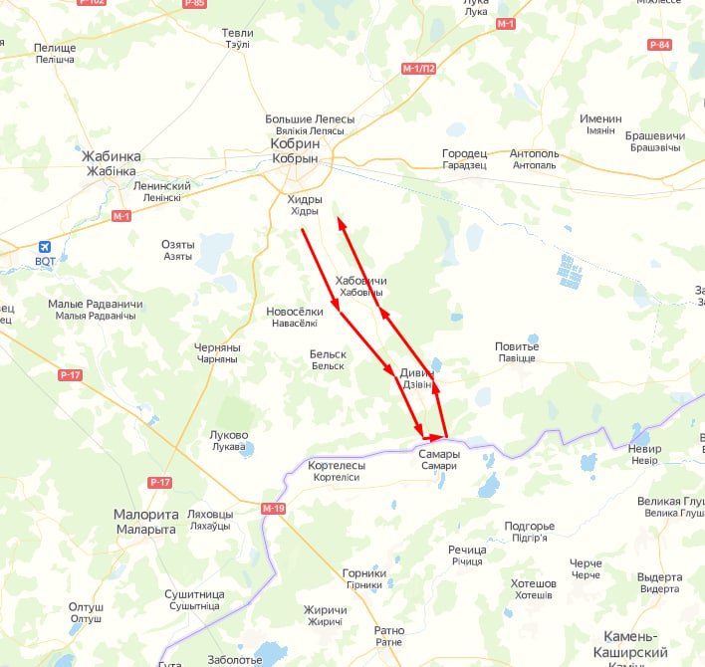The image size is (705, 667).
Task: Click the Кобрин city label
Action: [294, 144]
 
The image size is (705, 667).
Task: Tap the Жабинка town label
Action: [114, 157]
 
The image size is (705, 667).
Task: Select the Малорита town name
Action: [144, 515]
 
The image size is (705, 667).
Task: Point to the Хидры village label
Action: [305, 199]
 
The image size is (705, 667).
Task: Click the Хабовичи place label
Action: [361, 282]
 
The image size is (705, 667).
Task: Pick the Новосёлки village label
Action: [295, 312]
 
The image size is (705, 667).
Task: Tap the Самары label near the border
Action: [439, 454]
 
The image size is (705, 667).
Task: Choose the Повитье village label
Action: [517, 346]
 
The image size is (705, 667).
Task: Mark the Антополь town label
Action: [534, 154]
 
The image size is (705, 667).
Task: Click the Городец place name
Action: [465, 154]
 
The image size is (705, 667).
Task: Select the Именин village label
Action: [600, 118]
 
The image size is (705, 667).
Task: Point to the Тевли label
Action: [237, 33]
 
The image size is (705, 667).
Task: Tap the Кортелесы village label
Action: [337, 465]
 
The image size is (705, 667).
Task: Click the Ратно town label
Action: [389, 630]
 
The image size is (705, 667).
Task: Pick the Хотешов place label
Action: [533, 583]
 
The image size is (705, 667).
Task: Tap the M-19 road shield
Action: [274, 509]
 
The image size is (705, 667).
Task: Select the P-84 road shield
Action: [659, 45]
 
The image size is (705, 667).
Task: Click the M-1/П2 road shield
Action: [419, 69]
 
